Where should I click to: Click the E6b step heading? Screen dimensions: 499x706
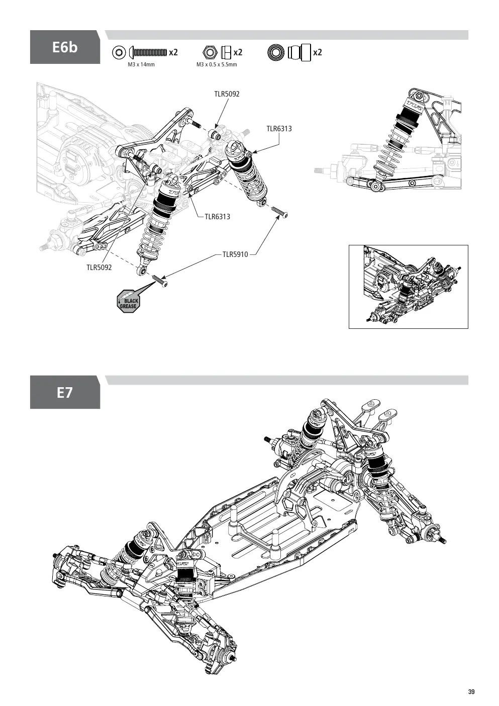[x=65, y=47]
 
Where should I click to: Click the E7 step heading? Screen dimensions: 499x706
[x=65, y=393]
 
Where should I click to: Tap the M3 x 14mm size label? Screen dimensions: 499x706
[x=141, y=64]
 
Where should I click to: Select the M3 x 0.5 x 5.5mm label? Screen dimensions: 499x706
[x=217, y=64]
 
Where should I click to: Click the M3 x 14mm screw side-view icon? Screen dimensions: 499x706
[x=148, y=52]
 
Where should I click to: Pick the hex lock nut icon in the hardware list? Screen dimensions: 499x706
[x=209, y=52]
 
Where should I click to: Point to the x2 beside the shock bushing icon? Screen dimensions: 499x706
[x=318, y=52]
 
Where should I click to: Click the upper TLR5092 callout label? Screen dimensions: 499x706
[x=227, y=94]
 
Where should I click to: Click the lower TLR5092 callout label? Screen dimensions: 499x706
[x=99, y=268]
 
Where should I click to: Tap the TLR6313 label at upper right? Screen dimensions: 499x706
[x=279, y=129]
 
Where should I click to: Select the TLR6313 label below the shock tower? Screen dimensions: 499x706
[x=218, y=217]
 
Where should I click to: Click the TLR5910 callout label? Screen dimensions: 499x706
[x=235, y=254]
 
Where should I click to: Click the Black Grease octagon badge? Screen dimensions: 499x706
[x=128, y=301]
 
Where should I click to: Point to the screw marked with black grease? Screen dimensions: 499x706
[x=160, y=281]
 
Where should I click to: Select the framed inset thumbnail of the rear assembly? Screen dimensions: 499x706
[x=408, y=287]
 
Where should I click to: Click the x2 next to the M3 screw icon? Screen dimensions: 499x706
[x=173, y=52]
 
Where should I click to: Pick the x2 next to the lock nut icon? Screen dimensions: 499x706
[x=238, y=52]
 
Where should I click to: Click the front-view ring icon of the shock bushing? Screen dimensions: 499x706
[x=276, y=52]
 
